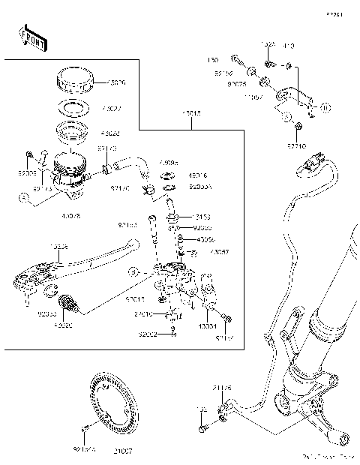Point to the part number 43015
click(190, 114)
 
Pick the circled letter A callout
click(25, 199)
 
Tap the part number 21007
click(122, 451)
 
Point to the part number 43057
click(220, 253)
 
